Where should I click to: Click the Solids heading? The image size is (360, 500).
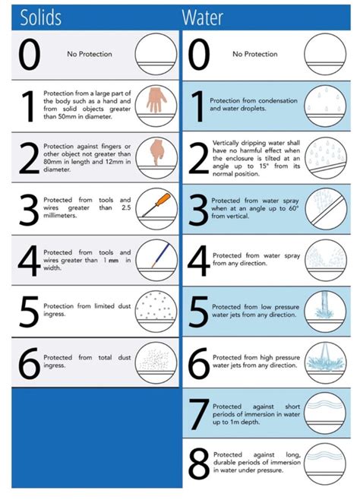click(x=40, y=17)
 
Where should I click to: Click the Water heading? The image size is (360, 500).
click(x=202, y=17)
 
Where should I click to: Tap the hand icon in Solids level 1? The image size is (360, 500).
click(x=156, y=100)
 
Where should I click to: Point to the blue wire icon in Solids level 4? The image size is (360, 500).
click(x=161, y=255)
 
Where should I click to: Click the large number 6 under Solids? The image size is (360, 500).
click(x=30, y=363)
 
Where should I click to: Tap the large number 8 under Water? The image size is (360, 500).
click(x=198, y=464)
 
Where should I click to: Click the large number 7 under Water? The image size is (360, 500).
click(x=199, y=413)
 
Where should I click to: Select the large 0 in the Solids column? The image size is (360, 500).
click(x=30, y=54)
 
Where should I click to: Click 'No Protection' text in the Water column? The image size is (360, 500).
click(x=255, y=54)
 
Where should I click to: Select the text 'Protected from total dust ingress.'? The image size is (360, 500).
click(x=87, y=361)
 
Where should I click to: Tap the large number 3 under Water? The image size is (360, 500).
click(x=198, y=210)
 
